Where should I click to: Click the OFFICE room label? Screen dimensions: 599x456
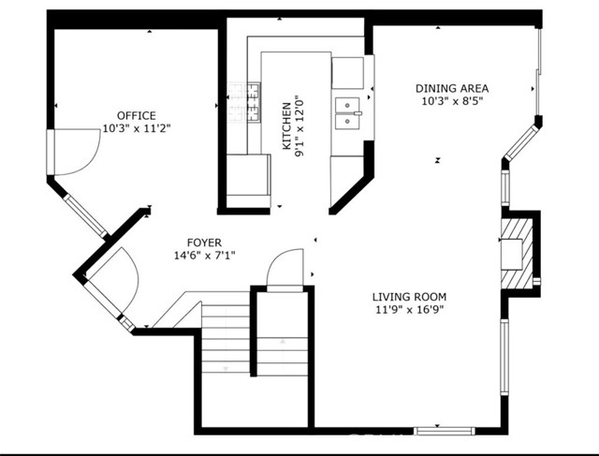click(x=137, y=115)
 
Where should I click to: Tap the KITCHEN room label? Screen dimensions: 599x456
click(x=286, y=126)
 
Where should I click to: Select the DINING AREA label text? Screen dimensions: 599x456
click(x=452, y=88)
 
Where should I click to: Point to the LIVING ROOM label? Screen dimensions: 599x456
click(x=409, y=297)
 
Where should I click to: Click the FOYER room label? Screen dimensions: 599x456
click(x=204, y=243)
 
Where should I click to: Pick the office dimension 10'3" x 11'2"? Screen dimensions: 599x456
click(x=137, y=128)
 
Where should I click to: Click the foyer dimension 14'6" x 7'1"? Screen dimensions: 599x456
click(x=204, y=255)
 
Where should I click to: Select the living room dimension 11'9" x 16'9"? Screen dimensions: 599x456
click(x=409, y=309)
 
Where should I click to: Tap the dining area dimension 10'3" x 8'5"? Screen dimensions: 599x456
click(x=452, y=101)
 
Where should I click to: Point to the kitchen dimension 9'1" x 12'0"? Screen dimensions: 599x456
click(x=299, y=126)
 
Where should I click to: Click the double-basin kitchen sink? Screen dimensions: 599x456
click(x=347, y=113)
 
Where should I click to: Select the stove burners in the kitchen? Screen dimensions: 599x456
click(x=244, y=102)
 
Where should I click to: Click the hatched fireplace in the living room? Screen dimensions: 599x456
click(x=517, y=254)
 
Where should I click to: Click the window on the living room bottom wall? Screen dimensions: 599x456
click(x=445, y=431)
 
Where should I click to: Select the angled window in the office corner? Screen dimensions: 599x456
click(x=85, y=215)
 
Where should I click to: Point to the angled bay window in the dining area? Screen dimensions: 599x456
click(x=520, y=143)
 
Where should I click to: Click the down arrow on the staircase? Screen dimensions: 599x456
click(x=226, y=369)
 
